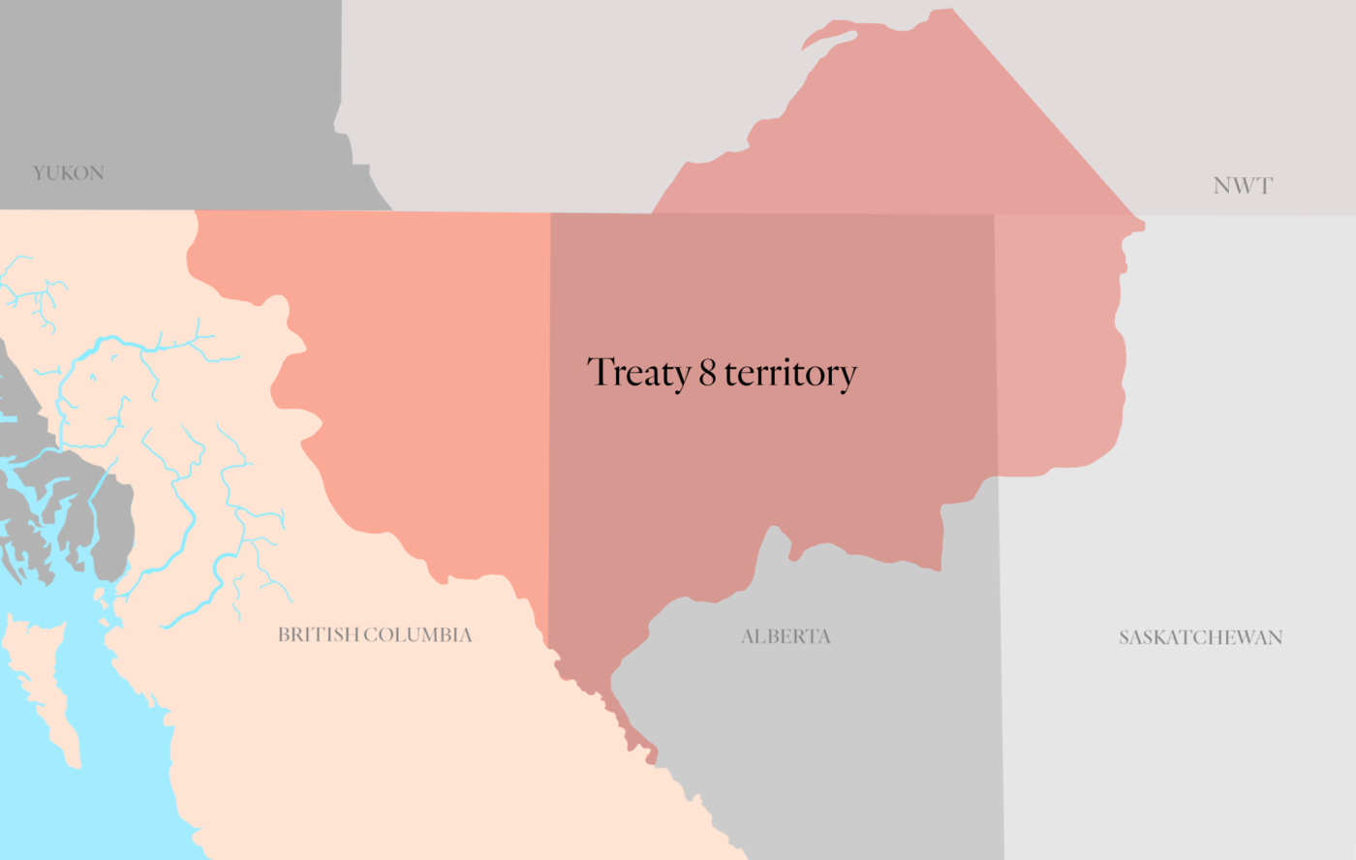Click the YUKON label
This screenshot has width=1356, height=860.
[69, 173]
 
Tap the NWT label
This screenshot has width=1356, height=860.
[1243, 186]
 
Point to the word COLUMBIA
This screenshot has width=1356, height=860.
[417, 635]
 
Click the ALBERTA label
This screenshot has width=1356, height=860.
[786, 637]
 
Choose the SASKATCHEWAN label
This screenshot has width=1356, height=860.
[1200, 638]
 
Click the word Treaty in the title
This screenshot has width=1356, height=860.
[638, 373]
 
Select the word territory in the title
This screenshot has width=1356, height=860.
[790, 374]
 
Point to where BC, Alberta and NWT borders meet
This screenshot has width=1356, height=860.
[550, 213]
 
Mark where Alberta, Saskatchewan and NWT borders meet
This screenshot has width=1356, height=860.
[995, 215]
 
